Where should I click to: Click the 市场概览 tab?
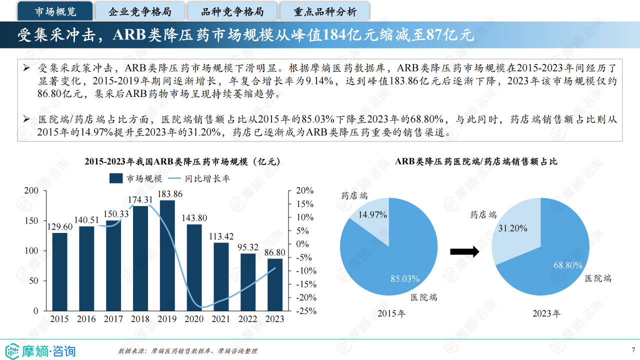[x=55, y=11]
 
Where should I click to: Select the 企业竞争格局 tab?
[x=139, y=11]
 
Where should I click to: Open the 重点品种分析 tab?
[x=324, y=11]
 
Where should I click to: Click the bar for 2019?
[x=167, y=255]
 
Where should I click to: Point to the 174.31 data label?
[x=140, y=200]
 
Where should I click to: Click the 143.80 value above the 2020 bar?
[x=194, y=218]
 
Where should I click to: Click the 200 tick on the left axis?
[x=31, y=190]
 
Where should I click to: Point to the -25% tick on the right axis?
[x=304, y=310]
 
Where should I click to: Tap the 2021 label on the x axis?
[x=220, y=318]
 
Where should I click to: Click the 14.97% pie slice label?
[x=372, y=215]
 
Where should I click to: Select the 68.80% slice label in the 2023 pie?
[x=568, y=265]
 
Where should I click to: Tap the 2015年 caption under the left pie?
[x=391, y=313]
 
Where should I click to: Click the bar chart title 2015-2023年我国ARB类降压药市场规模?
[x=182, y=161]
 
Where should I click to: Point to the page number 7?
[x=633, y=349]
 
